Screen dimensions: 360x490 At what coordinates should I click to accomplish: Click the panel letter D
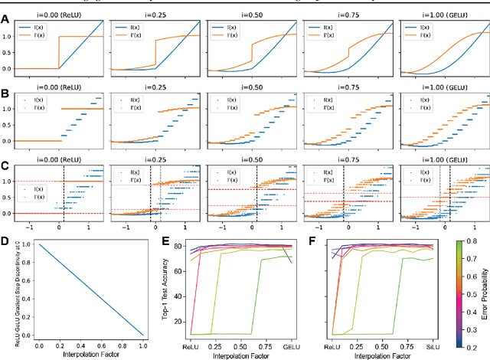(5, 243)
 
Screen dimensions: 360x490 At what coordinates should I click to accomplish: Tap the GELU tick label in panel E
(290, 347)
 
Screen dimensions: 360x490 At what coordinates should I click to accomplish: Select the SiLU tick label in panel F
(439, 347)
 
